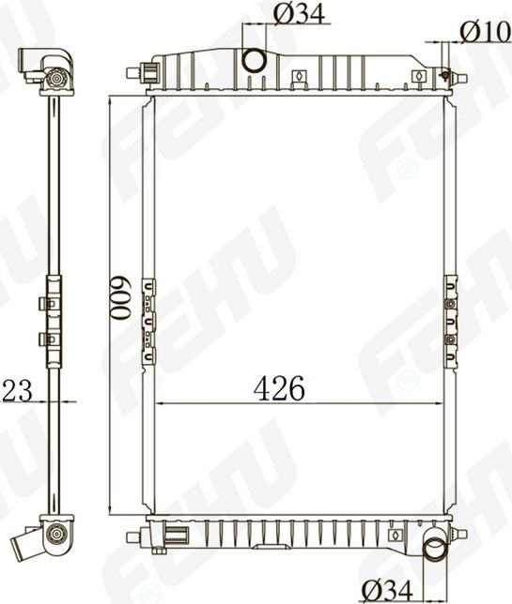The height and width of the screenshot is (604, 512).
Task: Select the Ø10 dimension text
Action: coord(485,31)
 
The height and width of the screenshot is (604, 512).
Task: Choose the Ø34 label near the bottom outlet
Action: coord(388,589)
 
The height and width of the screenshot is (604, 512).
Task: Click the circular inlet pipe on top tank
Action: coord(255,61)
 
